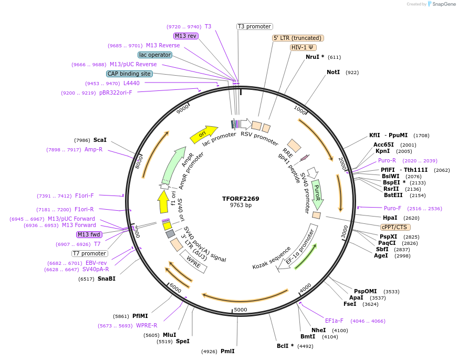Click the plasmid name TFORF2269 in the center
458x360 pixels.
tap(241, 199)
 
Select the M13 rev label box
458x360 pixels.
tap(185, 36)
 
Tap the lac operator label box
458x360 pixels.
tap(155, 55)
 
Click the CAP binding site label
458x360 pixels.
tap(129, 74)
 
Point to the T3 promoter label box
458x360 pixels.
tap(254, 26)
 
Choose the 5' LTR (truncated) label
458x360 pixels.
tap(298, 38)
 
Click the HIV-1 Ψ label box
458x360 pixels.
tap(303, 47)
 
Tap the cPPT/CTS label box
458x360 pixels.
tap(394, 227)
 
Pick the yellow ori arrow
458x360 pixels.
tap(204, 134)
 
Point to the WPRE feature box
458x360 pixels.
tap(194, 261)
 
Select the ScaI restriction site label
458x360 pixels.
tap(100, 140)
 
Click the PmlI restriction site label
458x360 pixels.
tap(227, 351)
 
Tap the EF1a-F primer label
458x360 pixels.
tap(334, 321)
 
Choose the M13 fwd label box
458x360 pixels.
tap(88, 234)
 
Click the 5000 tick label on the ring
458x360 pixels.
tap(240, 310)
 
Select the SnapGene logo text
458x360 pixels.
tap(444, 4)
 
